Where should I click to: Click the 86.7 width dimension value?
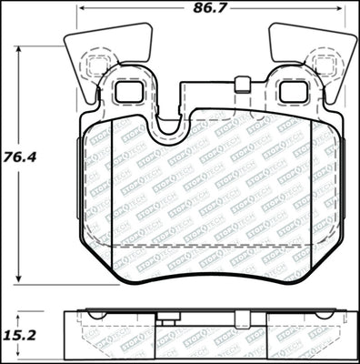click(210, 10)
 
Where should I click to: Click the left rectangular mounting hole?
click(126, 91)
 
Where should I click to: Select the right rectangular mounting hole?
click(293, 91)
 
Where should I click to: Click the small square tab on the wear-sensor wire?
click(242, 86)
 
